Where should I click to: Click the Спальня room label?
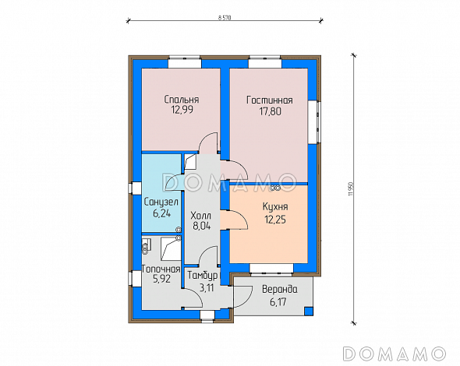tap(182, 100)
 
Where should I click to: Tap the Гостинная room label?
tap(270, 100)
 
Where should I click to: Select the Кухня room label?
tap(275, 207)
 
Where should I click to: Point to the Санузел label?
tap(161, 202)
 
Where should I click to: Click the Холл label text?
tap(200, 216)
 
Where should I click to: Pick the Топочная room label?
tap(161, 269)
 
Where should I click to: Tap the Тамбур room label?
tap(203, 276)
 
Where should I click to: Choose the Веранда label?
tap(280, 290)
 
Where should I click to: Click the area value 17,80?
tap(270, 111)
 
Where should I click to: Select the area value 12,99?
tap(182, 110)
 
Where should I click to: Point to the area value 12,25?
tap(275, 219)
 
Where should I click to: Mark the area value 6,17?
tap(278, 302)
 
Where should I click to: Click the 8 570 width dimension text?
tap(225, 18)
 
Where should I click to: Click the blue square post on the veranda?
tap(308, 311)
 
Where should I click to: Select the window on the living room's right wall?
tap(313, 122)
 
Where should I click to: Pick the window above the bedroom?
tap(185, 62)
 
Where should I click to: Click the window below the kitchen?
tap(271, 269)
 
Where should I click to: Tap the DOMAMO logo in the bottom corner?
tap(395, 354)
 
